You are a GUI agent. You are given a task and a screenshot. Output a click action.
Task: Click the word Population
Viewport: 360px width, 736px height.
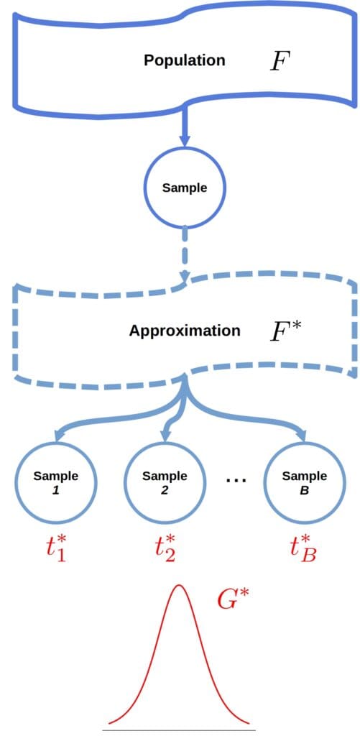point(184,60)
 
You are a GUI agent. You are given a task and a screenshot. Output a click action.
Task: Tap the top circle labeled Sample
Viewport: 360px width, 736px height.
point(184,188)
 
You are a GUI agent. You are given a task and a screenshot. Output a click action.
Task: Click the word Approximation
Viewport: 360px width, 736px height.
point(185,331)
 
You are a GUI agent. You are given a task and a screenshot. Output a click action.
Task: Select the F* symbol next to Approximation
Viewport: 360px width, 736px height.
point(284,331)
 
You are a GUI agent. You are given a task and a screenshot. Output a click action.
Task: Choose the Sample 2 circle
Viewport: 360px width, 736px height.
point(165,481)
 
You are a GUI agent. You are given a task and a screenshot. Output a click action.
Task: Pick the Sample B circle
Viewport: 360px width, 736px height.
point(304,481)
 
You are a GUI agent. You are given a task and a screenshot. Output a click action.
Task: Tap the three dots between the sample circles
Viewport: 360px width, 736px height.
point(236,482)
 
